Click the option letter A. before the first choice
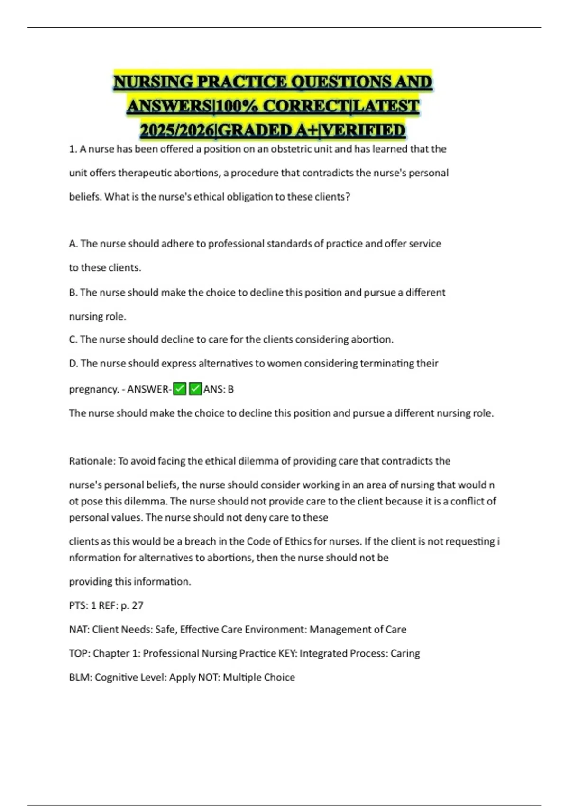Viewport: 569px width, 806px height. pos(73,244)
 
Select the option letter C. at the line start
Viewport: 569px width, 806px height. pos(73,339)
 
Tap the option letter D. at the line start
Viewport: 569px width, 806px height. pos(73,363)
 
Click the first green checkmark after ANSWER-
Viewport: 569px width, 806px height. pos(180,389)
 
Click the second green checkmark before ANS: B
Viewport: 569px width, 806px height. pos(195,389)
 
